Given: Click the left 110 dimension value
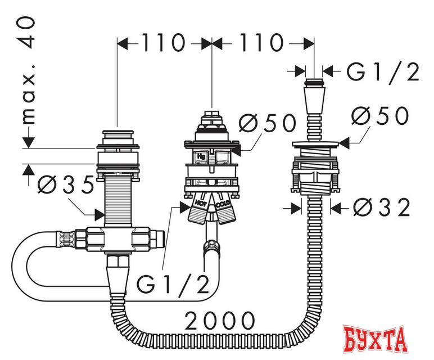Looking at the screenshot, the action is [163, 43].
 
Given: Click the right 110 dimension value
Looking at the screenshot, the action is [261, 43].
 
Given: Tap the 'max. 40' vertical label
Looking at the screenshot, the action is [29, 70].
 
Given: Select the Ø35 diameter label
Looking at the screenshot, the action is [66, 184].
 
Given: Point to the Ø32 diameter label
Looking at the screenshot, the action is [381, 208].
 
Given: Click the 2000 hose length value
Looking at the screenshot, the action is [220, 321].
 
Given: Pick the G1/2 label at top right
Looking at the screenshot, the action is [383, 71].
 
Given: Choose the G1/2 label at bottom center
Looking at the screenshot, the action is [173, 284].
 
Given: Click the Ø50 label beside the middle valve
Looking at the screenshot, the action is [268, 123].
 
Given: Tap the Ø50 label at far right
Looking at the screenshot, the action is [381, 115].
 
